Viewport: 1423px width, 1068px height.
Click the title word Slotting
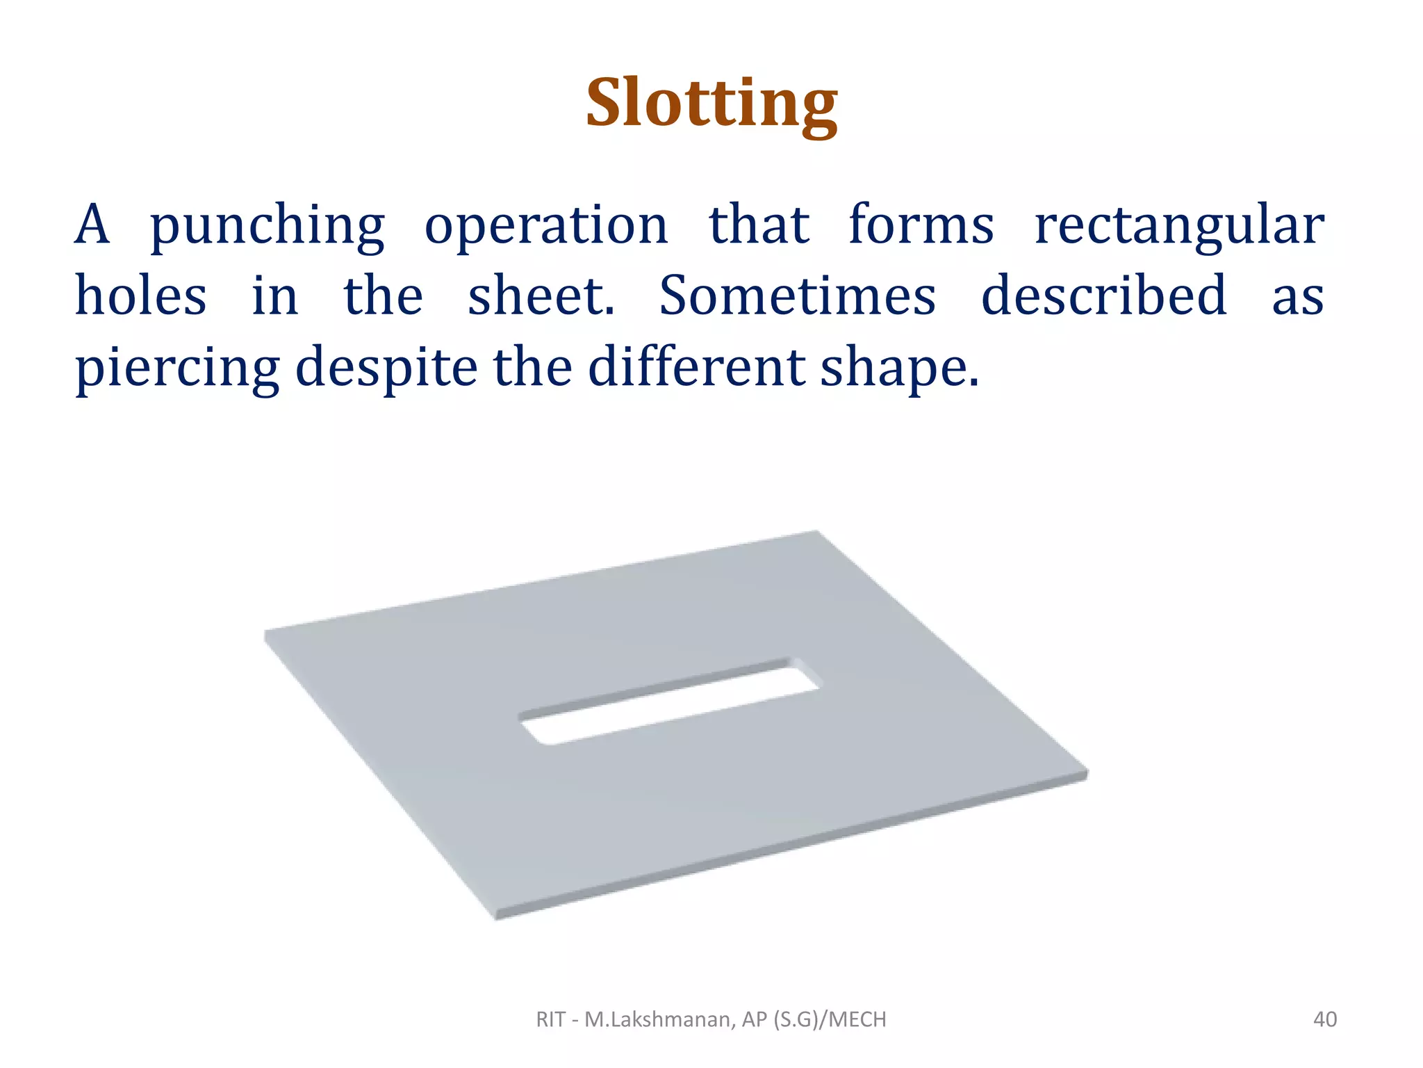711,104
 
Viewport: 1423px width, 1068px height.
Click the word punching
268,227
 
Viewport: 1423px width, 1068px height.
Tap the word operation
546,227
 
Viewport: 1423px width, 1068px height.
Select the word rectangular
1179,227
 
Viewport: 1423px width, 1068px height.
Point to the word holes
140,296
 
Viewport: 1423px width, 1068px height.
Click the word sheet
541,296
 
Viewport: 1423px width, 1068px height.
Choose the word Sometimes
797,296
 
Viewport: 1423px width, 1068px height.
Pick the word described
1103,296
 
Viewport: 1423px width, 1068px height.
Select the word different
698,366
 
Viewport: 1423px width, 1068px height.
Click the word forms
921,225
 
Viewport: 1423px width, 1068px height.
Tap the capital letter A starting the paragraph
92,225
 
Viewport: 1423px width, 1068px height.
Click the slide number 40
1324,1019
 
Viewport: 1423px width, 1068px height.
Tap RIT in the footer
550,1019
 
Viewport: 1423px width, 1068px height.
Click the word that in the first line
759,225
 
